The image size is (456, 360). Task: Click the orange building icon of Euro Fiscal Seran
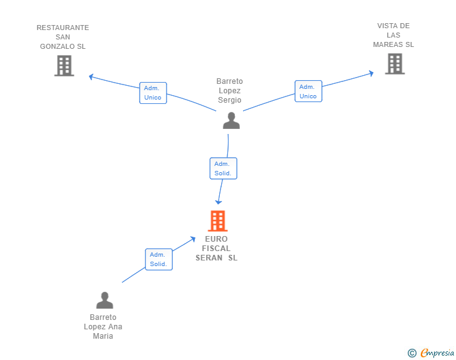click(x=217, y=221)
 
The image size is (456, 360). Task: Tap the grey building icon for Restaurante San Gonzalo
click(x=65, y=66)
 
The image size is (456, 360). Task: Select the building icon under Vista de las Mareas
click(x=395, y=64)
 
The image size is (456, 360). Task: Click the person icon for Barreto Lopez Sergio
click(x=231, y=120)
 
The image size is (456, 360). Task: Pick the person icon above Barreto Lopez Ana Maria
click(x=105, y=300)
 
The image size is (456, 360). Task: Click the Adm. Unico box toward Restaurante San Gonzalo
click(x=153, y=93)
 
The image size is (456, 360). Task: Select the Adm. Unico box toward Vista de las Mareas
click(x=308, y=91)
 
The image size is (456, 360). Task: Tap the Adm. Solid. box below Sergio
click(x=224, y=168)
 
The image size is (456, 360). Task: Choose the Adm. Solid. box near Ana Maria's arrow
click(x=159, y=259)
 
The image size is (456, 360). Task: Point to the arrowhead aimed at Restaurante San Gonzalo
click(x=91, y=77)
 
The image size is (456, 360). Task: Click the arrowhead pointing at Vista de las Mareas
click(x=371, y=73)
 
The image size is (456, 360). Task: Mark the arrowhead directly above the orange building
click(x=219, y=202)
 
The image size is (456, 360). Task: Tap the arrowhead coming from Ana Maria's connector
click(x=193, y=239)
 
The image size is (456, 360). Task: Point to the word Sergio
click(x=230, y=100)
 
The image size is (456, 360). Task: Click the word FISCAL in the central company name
click(x=216, y=249)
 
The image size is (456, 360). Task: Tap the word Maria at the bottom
click(x=103, y=336)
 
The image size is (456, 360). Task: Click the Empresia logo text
click(x=437, y=353)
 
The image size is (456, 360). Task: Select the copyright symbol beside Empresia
click(x=412, y=353)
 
